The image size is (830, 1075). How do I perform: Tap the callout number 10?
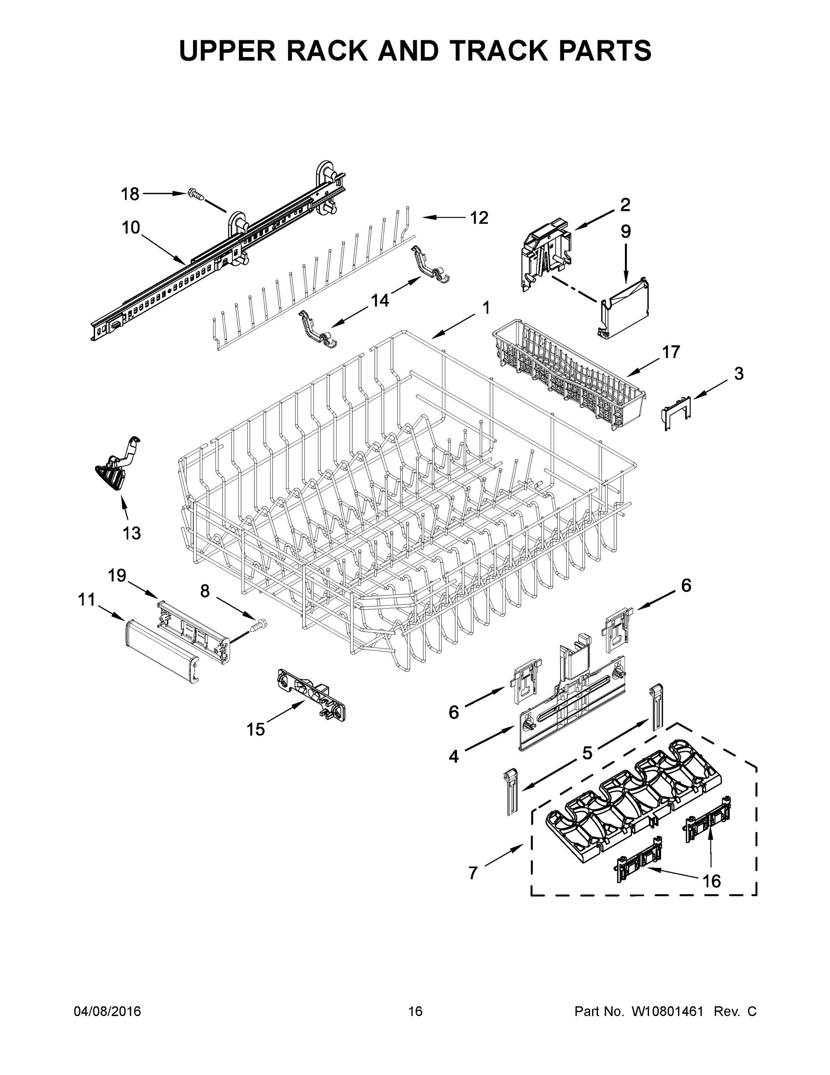(131, 228)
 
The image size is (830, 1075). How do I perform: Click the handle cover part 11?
(162, 652)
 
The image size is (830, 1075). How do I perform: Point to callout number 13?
(131, 533)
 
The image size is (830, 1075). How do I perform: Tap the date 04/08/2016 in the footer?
(107, 1011)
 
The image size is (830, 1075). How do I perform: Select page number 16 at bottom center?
(415, 1011)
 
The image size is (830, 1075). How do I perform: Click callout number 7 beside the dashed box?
(473, 873)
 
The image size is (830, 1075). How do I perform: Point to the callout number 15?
(256, 729)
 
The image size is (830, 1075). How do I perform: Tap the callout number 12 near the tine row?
(479, 218)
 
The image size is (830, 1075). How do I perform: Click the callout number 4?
(453, 756)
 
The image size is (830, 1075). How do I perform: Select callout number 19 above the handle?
(117, 575)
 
